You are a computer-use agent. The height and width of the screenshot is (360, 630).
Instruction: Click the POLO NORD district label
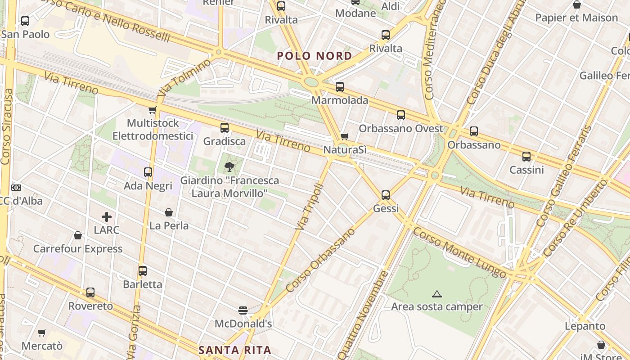tap(314, 56)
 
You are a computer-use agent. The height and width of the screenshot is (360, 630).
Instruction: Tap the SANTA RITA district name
tap(235, 350)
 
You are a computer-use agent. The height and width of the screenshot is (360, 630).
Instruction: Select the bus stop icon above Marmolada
tap(340, 86)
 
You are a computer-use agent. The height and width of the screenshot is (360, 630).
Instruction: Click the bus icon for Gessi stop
tap(386, 195)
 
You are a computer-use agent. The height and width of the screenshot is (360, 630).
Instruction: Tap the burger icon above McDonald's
tap(243, 310)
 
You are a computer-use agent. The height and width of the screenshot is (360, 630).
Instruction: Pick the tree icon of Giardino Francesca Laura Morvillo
tap(229, 167)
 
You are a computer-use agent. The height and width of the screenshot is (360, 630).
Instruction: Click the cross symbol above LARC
tap(107, 217)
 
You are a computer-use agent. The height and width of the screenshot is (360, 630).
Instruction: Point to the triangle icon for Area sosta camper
tap(436, 294)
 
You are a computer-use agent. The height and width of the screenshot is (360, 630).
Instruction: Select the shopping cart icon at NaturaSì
tap(345, 136)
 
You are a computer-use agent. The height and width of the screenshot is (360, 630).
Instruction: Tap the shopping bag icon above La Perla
tap(169, 212)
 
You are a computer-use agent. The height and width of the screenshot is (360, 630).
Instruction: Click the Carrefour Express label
tap(78, 249)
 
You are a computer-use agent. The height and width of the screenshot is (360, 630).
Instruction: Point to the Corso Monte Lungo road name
tap(462, 253)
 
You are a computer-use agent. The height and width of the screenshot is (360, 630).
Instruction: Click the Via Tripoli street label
tap(310, 207)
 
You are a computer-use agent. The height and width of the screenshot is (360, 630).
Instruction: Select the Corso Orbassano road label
tap(320, 260)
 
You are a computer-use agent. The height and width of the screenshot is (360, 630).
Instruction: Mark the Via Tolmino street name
tap(184, 77)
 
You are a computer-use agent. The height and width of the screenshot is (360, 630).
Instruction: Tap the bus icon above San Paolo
tap(25, 21)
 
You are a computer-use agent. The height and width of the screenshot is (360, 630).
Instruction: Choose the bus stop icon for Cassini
tap(526, 157)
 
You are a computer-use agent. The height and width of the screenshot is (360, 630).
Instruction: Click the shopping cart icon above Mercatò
tap(42, 333)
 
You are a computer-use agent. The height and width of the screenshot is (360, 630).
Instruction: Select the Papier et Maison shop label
tap(576, 18)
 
